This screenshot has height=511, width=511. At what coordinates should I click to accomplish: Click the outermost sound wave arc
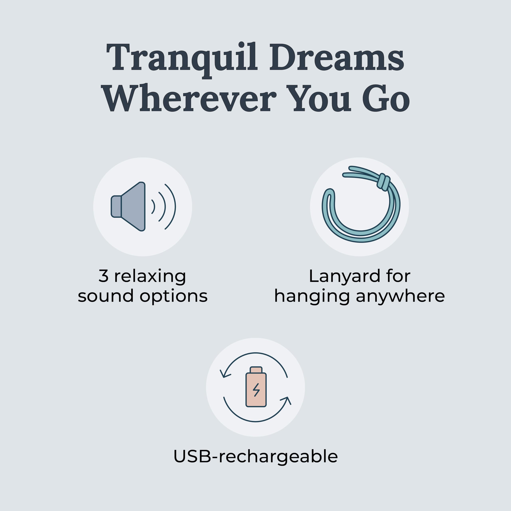pos(171,207)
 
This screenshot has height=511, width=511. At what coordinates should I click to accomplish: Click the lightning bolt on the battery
pos(256,390)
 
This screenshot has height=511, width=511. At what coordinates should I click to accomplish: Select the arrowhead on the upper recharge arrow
pos(225,373)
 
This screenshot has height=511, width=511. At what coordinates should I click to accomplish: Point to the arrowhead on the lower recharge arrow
pos(286,400)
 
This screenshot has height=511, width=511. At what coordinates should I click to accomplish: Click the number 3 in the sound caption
pos(103,276)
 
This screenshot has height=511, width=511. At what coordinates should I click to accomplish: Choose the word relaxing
pos(150,277)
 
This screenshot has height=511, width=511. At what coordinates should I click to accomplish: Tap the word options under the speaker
pos(173,297)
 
